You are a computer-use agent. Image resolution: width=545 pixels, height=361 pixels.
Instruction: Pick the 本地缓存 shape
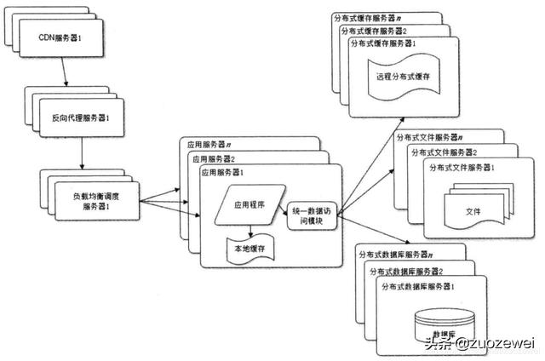(x=249, y=249)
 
